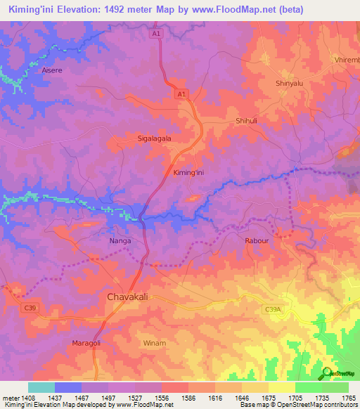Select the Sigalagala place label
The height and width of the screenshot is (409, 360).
154,139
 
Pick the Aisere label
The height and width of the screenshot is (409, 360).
52,71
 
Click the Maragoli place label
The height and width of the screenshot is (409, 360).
87,342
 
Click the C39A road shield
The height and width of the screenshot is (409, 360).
274,309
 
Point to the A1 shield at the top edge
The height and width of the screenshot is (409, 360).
156,33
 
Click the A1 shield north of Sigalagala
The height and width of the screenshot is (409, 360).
181,93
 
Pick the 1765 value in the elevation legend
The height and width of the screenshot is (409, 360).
349,398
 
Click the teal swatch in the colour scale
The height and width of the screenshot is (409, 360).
41,387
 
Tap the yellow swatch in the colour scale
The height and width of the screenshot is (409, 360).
282,387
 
